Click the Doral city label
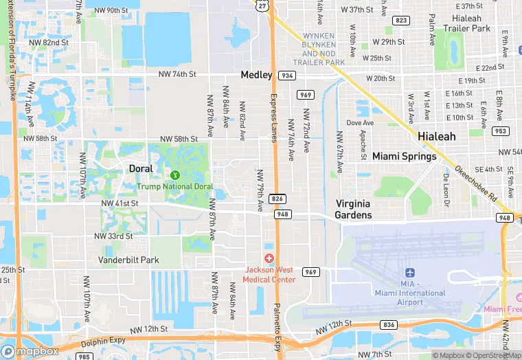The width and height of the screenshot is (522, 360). pyautogui.click(x=143, y=168)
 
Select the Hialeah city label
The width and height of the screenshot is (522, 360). pyautogui.click(x=437, y=136)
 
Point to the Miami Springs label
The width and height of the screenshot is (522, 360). pyautogui.click(x=404, y=156)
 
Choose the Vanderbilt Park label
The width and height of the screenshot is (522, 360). pyautogui.click(x=128, y=260)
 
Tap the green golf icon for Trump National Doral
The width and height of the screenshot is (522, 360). pyautogui.click(x=174, y=175)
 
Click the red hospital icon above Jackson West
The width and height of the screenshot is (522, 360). pyautogui.click(x=269, y=258)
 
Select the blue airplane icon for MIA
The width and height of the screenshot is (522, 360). pyautogui.click(x=410, y=274)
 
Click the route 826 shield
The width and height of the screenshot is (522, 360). pyautogui.click(x=277, y=199)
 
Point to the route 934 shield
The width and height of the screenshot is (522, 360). pyautogui.click(x=287, y=75)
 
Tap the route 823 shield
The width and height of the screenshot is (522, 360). pyautogui.click(x=401, y=21)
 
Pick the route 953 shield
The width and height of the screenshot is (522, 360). pyautogui.click(x=501, y=131)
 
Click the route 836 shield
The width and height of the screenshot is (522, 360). pyautogui.click(x=389, y=324)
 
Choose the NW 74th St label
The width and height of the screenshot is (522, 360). pyautogui.click(x=177, y=74)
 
